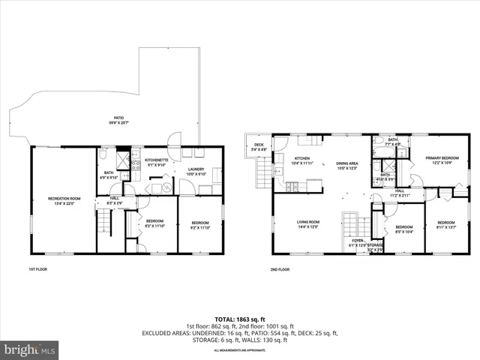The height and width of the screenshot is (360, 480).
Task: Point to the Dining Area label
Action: (x=346, y=165)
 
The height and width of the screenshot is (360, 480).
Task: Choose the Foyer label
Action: (x=356, y=244)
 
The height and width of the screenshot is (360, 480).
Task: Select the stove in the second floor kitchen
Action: (x=280, y=174)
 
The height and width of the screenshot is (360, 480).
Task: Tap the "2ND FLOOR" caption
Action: (x=280, y=268)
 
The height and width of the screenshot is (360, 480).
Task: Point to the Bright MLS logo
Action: (x=30, y=349)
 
